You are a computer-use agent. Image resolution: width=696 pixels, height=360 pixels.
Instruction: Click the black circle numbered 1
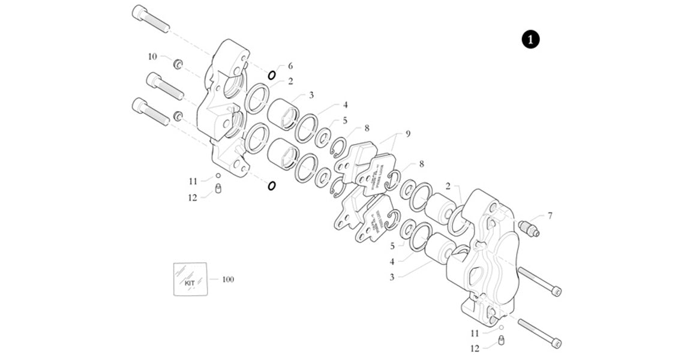point(530,40)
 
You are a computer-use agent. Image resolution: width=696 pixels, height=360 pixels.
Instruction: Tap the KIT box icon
point(190,279)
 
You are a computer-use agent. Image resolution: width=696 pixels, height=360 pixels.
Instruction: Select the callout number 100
point(228,280)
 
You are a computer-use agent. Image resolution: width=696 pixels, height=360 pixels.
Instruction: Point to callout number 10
point(152,56)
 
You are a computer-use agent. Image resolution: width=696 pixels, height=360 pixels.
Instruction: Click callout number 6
point(290,65)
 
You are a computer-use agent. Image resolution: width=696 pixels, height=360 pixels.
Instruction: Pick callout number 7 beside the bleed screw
point(550,215)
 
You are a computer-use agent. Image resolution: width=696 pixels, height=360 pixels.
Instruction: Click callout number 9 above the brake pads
point(407,134)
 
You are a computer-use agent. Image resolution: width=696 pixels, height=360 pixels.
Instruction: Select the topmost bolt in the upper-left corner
point(151,19)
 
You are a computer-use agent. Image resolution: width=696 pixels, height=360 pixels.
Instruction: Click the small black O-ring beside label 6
point(272,75)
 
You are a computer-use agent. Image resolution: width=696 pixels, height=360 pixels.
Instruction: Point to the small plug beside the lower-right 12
point(501,341)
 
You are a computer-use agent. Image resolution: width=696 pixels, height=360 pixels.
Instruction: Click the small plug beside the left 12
point(218,191)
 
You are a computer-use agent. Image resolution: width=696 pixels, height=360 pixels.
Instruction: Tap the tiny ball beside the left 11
point(218,176)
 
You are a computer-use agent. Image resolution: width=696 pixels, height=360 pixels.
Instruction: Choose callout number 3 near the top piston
point(311,95)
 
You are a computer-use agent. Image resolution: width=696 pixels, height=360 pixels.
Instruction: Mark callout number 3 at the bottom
point(392,277)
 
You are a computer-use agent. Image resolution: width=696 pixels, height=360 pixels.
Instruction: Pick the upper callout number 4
point(345,104)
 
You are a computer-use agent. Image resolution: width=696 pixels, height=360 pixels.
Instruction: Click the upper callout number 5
point(344,120)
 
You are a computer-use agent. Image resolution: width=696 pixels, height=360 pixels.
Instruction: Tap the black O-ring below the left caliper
point(272,185)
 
